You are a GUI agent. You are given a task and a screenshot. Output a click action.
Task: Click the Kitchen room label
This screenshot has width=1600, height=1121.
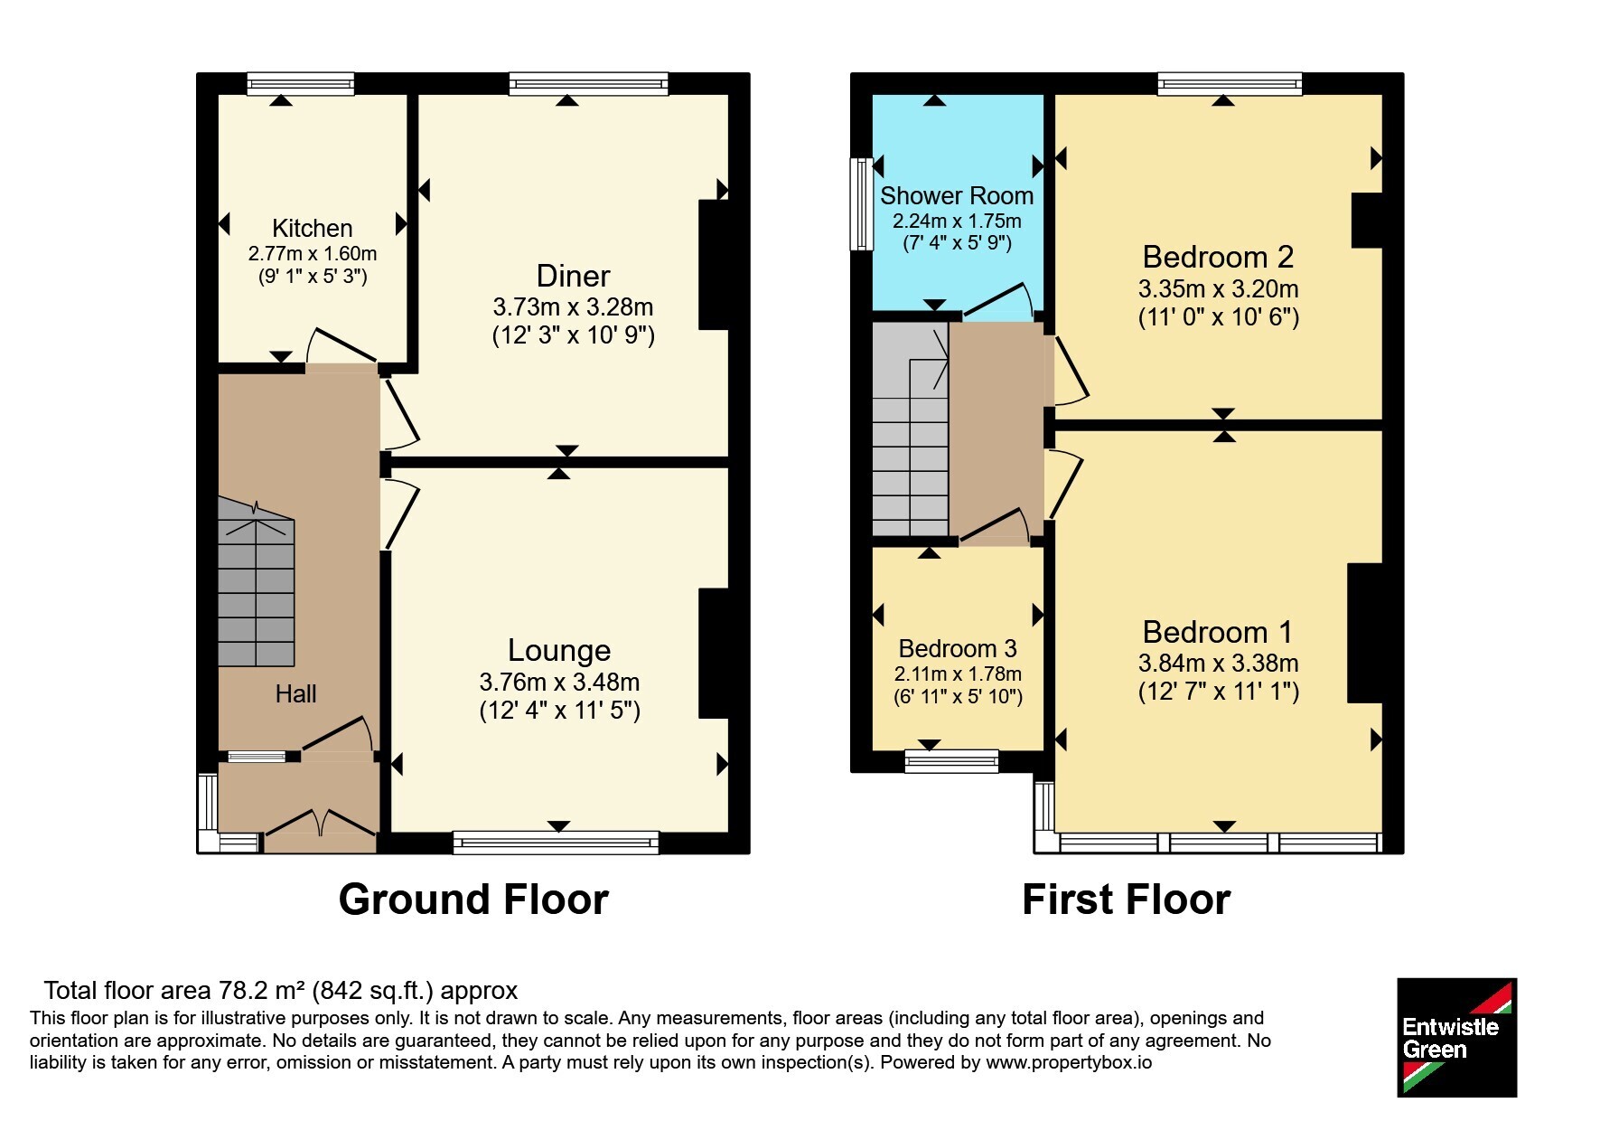312,228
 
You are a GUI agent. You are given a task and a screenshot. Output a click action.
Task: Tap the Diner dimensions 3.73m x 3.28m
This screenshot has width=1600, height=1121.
574,307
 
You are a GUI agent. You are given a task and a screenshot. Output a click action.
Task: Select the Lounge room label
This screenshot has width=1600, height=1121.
559,650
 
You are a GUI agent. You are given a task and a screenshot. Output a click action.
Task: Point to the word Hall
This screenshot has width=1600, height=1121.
295,693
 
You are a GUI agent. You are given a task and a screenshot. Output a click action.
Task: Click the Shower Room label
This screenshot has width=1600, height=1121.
957,195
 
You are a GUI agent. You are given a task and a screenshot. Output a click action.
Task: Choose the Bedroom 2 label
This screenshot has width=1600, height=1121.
1218,257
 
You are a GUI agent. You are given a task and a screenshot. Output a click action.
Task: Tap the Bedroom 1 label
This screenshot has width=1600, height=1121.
1218,631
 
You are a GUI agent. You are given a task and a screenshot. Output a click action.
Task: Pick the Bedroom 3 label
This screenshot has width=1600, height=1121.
958,648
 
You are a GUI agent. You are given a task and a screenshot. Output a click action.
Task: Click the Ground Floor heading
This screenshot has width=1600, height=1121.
473,900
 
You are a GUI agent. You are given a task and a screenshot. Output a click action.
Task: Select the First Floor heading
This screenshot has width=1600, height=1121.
1127,900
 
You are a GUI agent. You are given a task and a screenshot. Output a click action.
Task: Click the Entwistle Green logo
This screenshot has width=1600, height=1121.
1456,1038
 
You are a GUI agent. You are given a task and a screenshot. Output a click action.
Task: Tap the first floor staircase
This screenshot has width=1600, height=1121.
911,430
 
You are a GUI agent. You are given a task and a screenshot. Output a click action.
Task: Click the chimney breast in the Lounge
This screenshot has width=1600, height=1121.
714,654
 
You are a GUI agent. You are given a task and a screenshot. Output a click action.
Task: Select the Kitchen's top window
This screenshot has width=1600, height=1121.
301,84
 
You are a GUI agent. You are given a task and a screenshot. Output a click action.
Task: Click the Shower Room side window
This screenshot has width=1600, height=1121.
862,204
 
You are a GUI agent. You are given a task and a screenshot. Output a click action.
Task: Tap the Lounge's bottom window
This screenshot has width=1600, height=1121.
556,843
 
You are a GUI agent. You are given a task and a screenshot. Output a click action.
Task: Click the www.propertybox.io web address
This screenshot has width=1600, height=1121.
1069,1062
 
